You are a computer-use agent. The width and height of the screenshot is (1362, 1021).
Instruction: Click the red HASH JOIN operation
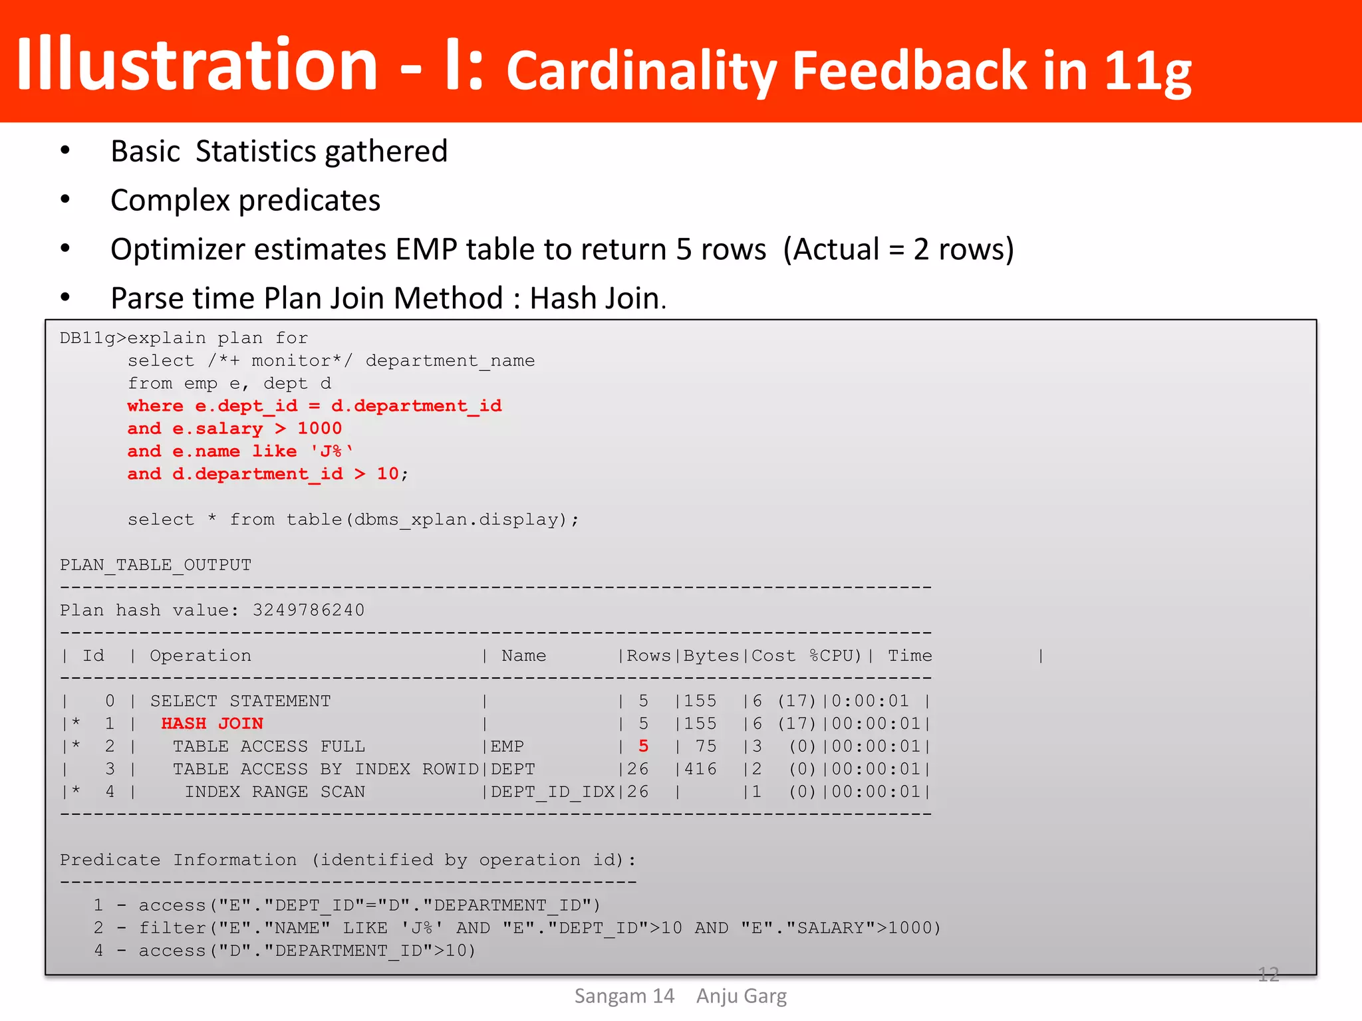(212, 724)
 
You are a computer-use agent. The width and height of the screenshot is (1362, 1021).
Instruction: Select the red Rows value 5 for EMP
(643, 746)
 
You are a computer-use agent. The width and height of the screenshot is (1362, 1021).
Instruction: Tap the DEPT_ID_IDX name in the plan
(553, 792)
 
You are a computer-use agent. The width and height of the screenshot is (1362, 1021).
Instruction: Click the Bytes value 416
(700, 770)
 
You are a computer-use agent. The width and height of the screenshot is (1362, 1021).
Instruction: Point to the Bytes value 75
(706, 746)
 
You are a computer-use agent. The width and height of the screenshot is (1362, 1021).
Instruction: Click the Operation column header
(200, 656)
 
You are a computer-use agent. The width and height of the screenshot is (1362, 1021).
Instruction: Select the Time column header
(910, 656)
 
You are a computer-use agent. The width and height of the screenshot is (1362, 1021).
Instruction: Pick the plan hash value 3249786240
(309, 610)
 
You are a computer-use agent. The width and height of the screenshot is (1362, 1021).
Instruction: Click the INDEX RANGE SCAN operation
(275, 792)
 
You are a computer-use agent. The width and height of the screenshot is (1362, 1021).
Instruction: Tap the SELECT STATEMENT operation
(240, 701)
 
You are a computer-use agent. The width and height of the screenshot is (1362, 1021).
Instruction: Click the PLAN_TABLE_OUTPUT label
(156, 565)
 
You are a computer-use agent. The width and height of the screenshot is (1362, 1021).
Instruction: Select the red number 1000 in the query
(319, 429)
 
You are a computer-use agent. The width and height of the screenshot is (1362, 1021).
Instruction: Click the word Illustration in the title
(197, 64)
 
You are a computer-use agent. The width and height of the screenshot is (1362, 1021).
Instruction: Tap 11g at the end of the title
(1148, 72)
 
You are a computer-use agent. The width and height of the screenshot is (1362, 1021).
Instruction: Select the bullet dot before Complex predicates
(65, 199)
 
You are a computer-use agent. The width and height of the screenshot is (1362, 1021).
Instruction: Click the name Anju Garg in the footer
(742, 996)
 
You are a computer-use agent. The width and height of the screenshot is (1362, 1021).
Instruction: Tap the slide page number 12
(1268, 974)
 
